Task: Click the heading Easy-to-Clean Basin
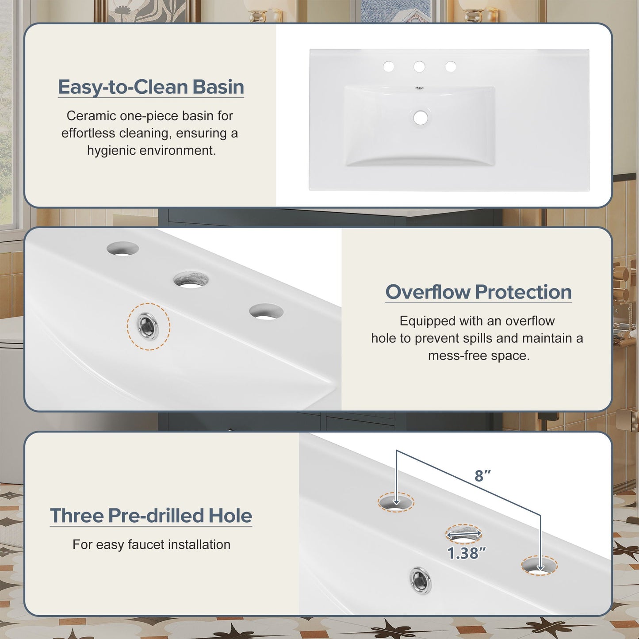(x=151, y=87)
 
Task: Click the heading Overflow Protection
(x=478, y=292)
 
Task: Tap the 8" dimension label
(x=482, y=476)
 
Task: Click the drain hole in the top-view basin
(x=421, y=118)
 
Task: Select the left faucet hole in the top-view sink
(x=388, y=66)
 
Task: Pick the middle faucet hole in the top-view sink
(x=419, y=67)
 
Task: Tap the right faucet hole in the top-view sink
(x=450, y=66)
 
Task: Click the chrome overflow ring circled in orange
(x=148, y=326)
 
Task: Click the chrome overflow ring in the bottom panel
(x=421, y=581)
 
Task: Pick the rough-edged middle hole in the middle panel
(x=191, y=279)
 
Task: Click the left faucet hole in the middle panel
(x=122, y=249)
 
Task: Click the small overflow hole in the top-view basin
(x=420, y=88)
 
